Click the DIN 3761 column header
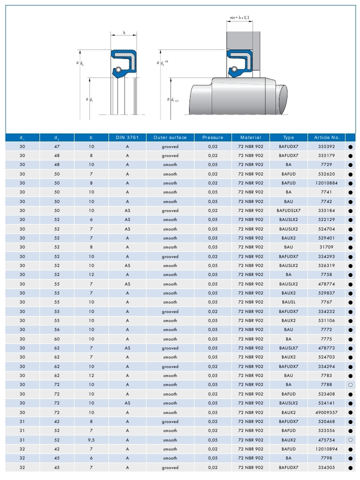pos(127,137)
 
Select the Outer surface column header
pos(170,137)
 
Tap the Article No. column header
pos(326,137)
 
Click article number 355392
pos(326,146)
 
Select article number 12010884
pos(326,183)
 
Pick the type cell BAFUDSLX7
pos(288,210)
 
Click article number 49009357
pos(326,412)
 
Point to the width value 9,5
pos(91,440)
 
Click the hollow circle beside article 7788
pos(350,385)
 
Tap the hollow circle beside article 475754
pos(350,440)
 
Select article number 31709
pos(326,247)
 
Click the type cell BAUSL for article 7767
pos(288,302)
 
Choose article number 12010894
pos(326,449)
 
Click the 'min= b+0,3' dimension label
pos(239,18)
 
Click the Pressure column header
pos(213,137)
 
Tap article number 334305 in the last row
pos(326,467)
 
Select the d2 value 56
pos(56,330)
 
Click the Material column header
pos(250,137)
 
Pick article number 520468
pos(326,421)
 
